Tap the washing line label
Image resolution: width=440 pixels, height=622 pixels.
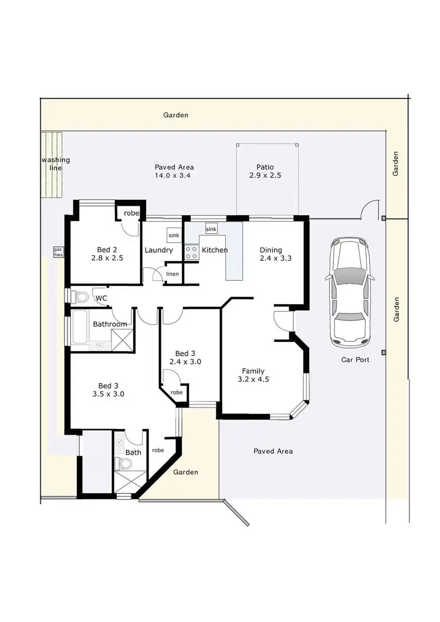[x=55, y=164]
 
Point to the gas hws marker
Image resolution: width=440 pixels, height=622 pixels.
[x=58, y=251]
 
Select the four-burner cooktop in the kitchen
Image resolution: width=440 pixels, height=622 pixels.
[x=191, y=252]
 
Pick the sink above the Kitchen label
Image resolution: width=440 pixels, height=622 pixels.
[x=211, y=229]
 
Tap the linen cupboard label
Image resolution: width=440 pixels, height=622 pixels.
[x=172, y=274]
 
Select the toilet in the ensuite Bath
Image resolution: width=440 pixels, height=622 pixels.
[x=124, y=464]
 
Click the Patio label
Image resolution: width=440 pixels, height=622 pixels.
[x=265, y=167]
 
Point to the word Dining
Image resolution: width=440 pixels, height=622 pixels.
[x=271, y=250]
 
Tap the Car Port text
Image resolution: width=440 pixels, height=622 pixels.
[x=356, y=360]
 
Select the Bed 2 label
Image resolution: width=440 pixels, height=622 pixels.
[x=107, y=249]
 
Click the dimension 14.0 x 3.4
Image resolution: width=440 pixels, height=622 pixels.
[x=174, y=175]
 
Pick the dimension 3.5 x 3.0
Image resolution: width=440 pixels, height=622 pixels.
[x=108, y=394]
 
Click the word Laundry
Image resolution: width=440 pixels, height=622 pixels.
[x=158, y=250]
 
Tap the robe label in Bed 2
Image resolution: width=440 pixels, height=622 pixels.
[x=131, y=213]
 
